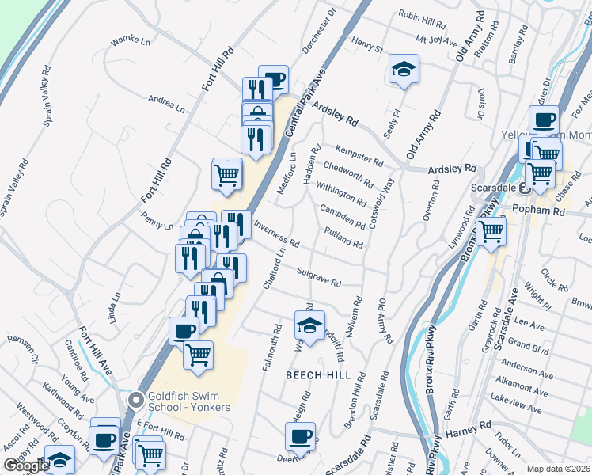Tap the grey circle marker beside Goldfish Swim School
(135, 401)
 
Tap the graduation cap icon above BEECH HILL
(309, 325)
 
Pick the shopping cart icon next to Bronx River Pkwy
(491, 231)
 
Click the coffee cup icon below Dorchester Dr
(273, 79)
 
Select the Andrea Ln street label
(165, 104)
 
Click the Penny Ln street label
(157, 220)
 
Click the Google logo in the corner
(25, 465)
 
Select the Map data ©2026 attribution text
(559, 469)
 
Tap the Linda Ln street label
(116, 308)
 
